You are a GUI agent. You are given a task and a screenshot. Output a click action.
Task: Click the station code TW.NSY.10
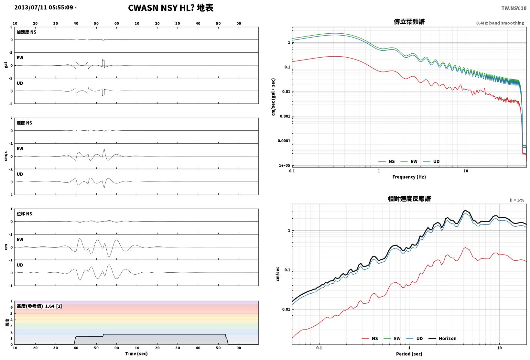pos(514,8)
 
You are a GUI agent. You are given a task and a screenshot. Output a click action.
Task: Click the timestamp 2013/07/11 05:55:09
pos(44,7)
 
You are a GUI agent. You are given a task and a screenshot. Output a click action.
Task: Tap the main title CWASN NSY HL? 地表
pos(171,8)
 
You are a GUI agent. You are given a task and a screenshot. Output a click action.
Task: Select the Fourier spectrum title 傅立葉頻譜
pos(409,22)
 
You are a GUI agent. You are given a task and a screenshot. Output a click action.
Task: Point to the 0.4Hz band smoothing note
pos(500,23)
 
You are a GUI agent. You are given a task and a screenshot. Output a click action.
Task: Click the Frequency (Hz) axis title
pos(409,177)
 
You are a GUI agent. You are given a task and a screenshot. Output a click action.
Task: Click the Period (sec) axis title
pos(409,354)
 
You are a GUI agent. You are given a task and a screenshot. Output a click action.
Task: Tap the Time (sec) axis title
pos(136,354)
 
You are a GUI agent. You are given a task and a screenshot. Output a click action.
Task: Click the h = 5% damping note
pos(517,200)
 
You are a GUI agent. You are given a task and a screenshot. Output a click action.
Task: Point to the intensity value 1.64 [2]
pos(53,306)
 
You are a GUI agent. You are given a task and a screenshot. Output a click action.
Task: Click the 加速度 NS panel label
pos(26,32)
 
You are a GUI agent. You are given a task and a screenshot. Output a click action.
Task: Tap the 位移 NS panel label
pos(24,214)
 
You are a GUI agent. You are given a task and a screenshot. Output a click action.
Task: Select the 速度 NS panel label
pos(24,123)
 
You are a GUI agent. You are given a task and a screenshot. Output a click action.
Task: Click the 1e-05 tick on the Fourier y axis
pos(284,165)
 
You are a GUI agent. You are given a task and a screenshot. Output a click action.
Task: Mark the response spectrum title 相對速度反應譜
pos(409,199)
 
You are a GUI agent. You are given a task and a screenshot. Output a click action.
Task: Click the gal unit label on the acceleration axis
pos(6,65)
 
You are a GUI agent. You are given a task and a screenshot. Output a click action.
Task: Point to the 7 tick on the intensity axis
pos(11,301)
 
